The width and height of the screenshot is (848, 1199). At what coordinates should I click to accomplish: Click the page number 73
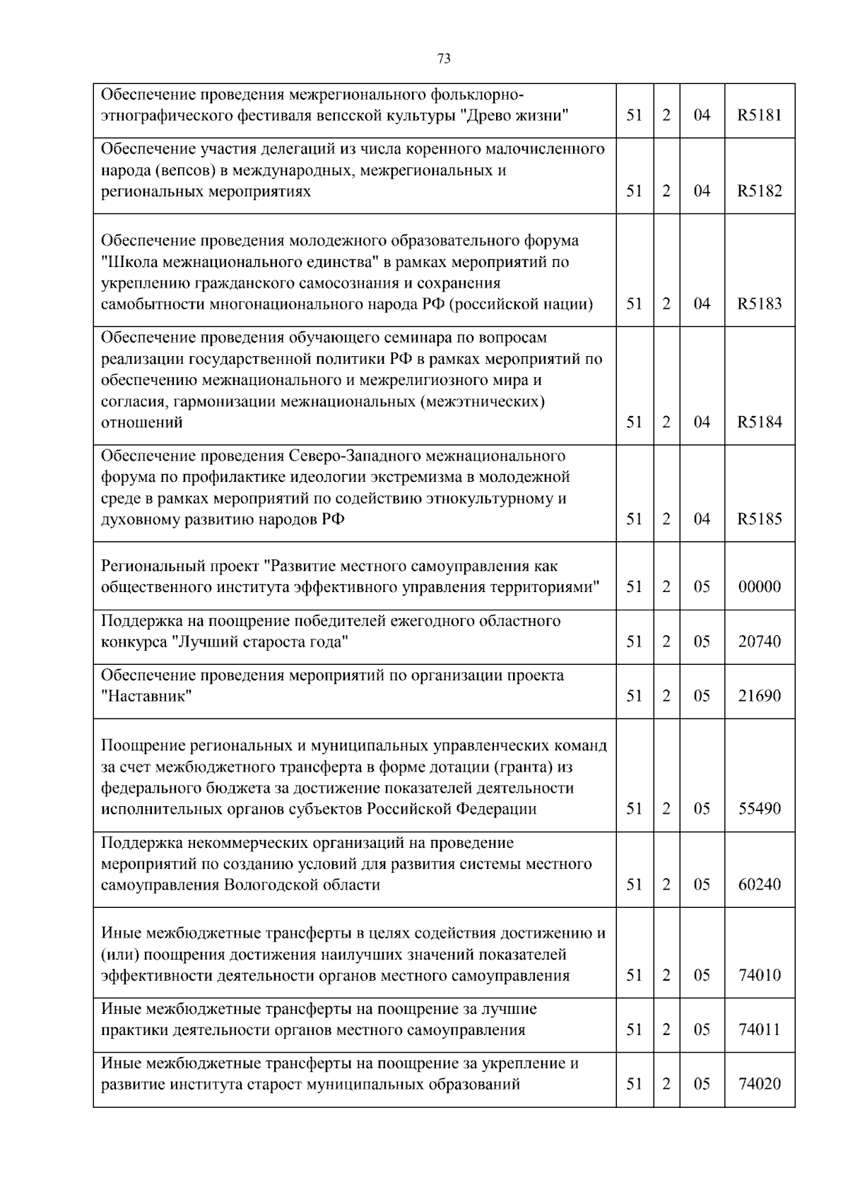point(444,59)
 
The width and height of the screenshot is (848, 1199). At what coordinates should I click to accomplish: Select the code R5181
point(760,115)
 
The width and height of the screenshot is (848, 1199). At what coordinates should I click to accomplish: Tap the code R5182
point(760,191)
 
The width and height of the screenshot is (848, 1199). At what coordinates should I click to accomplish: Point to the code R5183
point(760,305)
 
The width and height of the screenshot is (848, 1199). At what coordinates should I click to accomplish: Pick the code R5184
point(760,423)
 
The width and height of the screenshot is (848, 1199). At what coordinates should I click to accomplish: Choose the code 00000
point(760,587)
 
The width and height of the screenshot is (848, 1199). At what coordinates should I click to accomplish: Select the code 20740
point(760,642)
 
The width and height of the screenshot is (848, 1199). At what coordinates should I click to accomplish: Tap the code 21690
point(760,697)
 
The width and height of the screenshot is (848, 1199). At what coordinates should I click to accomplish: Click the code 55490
point(760,809)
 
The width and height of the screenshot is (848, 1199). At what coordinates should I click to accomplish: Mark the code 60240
point(760,885)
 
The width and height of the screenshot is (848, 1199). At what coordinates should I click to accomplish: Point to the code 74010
point(760,976)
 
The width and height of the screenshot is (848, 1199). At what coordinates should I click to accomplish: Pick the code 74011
point(760,1030)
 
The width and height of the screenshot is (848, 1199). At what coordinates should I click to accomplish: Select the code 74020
point(760,1085)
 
